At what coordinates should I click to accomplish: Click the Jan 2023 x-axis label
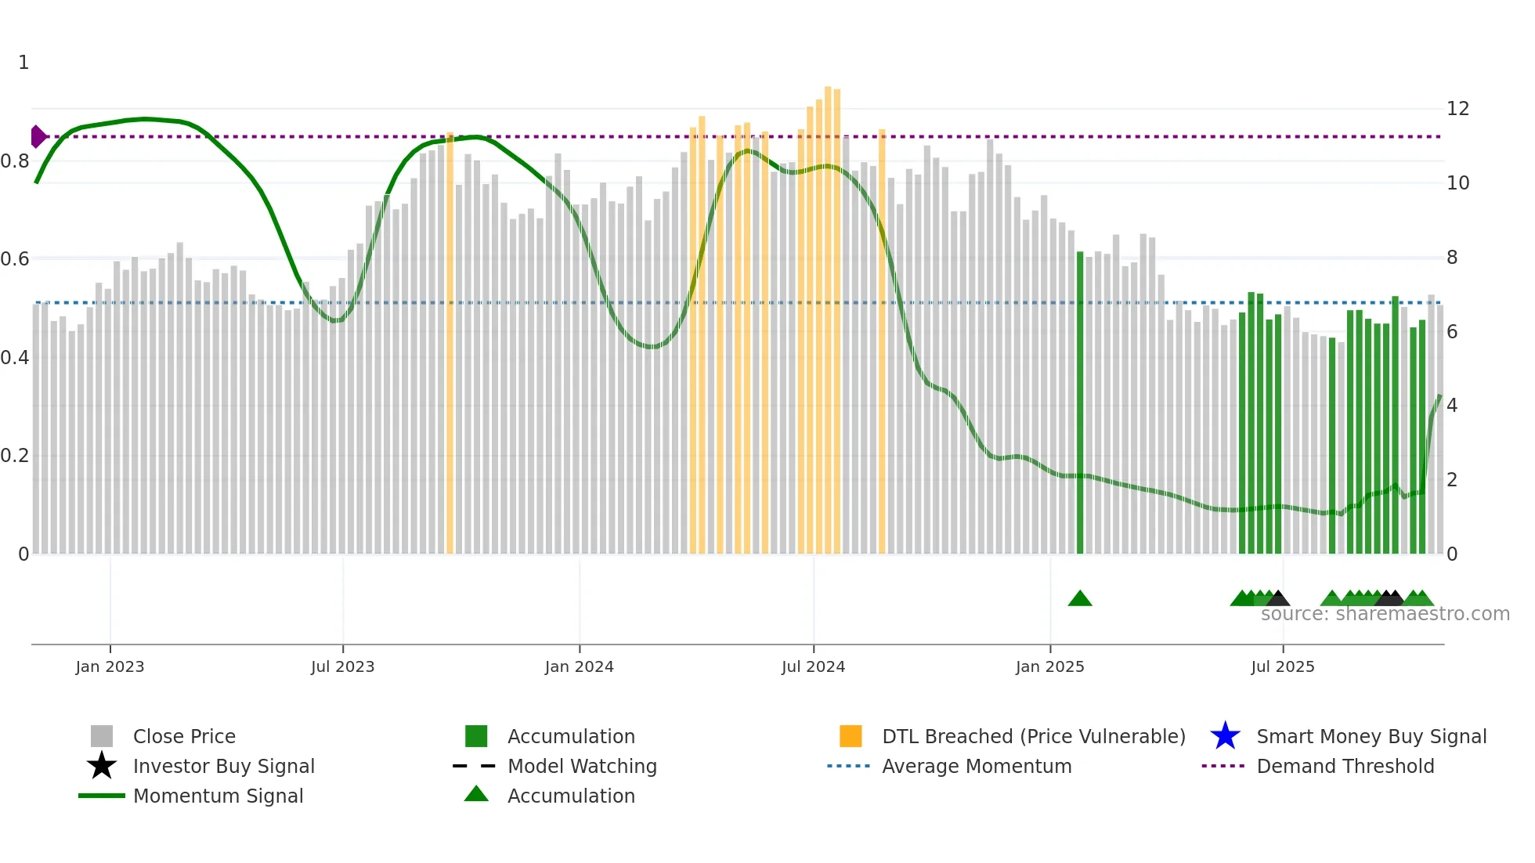click(110, 666)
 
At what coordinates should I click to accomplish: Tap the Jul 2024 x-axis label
click(813, 666)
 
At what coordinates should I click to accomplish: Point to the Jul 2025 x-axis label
click(1282, 666)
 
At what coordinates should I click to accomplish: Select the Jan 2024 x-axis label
click(579, 666)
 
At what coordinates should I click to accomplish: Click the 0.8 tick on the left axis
click(16, 161)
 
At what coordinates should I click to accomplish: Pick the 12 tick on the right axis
click(1457, 109)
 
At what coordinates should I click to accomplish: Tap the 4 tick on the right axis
click(1452, 406)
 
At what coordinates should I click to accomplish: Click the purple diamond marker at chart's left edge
click(38, 136)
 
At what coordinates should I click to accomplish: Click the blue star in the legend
click(1225, 736)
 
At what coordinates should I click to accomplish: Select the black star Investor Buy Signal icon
click(102, 766)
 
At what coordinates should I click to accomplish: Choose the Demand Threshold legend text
click(1345, 766)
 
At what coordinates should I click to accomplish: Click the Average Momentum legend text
click(977, 766)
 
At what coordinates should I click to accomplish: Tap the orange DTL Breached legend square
click(851, 736)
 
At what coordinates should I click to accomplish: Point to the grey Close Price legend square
click(102, 736)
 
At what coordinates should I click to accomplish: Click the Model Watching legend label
click(582, 766)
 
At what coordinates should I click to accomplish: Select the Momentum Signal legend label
click(218, 796)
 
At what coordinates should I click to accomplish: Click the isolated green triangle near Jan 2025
click(1080, 599)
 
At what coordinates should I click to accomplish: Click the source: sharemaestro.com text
click(1385, 614)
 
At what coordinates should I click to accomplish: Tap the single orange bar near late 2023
click(450, 345)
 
